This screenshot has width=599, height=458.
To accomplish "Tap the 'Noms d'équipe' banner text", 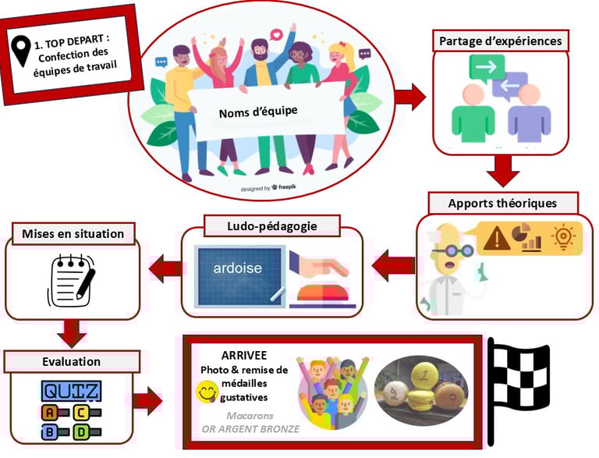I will tap(258, 113).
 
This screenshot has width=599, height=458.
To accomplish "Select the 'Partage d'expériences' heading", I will tap(499, 40).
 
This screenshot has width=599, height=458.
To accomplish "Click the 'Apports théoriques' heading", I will tap(502, 203).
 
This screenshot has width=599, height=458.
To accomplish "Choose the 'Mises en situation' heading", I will tap(73, 233).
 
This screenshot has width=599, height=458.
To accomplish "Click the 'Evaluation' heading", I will tap(71, 361).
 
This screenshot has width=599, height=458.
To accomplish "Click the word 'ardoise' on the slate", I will tap(238, 268).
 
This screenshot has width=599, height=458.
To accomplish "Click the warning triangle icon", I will tap(497, 237).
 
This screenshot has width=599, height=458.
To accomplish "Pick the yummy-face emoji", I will tap(206, 389).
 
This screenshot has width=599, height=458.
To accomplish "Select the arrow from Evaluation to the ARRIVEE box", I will tap(147, 402).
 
